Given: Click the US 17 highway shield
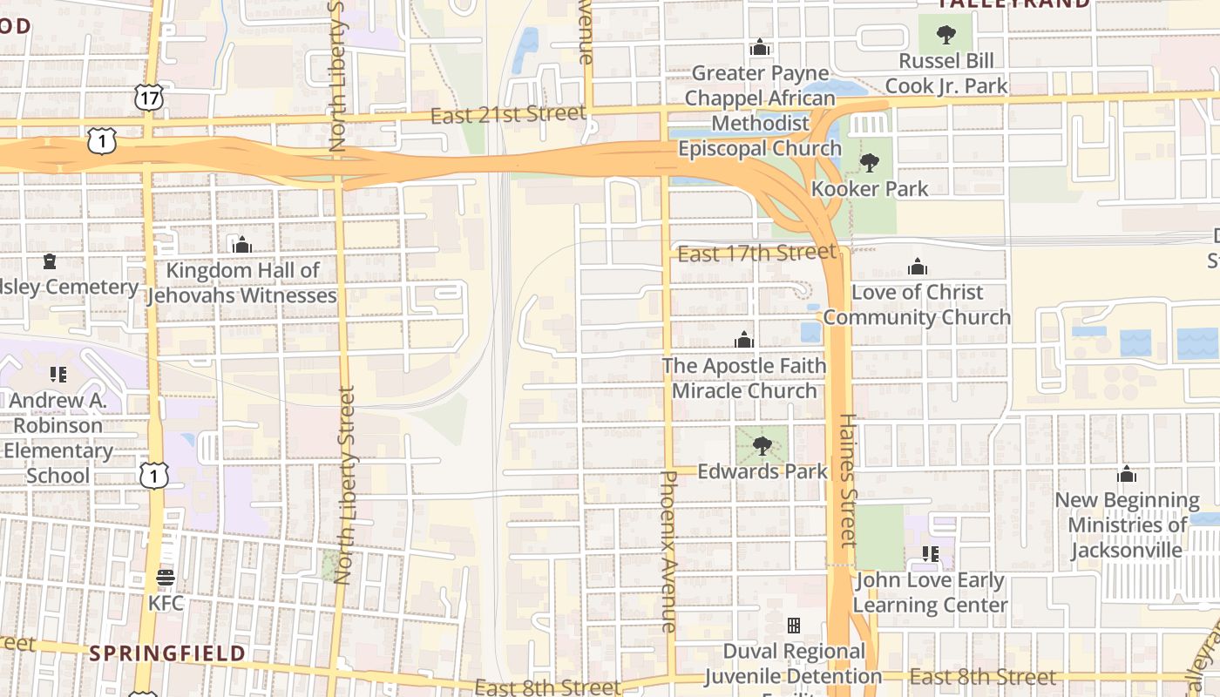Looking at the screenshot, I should point(150,98).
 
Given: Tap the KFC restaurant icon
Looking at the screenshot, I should point(165,578).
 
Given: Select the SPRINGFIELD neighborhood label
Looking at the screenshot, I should point(167,653).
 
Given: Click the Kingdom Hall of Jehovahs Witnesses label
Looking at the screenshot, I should point(242,283).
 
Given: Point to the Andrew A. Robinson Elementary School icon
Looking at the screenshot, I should point(58,375).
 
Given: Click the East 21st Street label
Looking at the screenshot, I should point(508,114).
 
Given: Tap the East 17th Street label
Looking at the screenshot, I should point(756,254).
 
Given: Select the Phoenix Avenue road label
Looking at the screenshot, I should point(668,551).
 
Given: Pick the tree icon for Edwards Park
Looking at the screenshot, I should point(762,447).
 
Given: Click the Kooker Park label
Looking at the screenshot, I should point(870,188).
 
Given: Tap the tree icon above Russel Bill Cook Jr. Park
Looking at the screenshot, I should point(945,36).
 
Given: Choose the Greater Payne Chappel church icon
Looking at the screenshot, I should point(760,47).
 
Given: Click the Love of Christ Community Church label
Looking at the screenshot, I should point(917,304).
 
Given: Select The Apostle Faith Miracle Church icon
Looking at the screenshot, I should point(744,340).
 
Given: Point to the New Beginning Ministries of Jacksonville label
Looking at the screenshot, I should point(1127,524).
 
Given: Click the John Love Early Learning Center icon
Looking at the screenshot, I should point(931,554).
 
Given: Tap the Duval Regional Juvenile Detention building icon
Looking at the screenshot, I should point(794,626).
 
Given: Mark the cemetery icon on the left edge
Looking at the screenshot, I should point(50,261).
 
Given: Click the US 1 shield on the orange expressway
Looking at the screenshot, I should point(102,140).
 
